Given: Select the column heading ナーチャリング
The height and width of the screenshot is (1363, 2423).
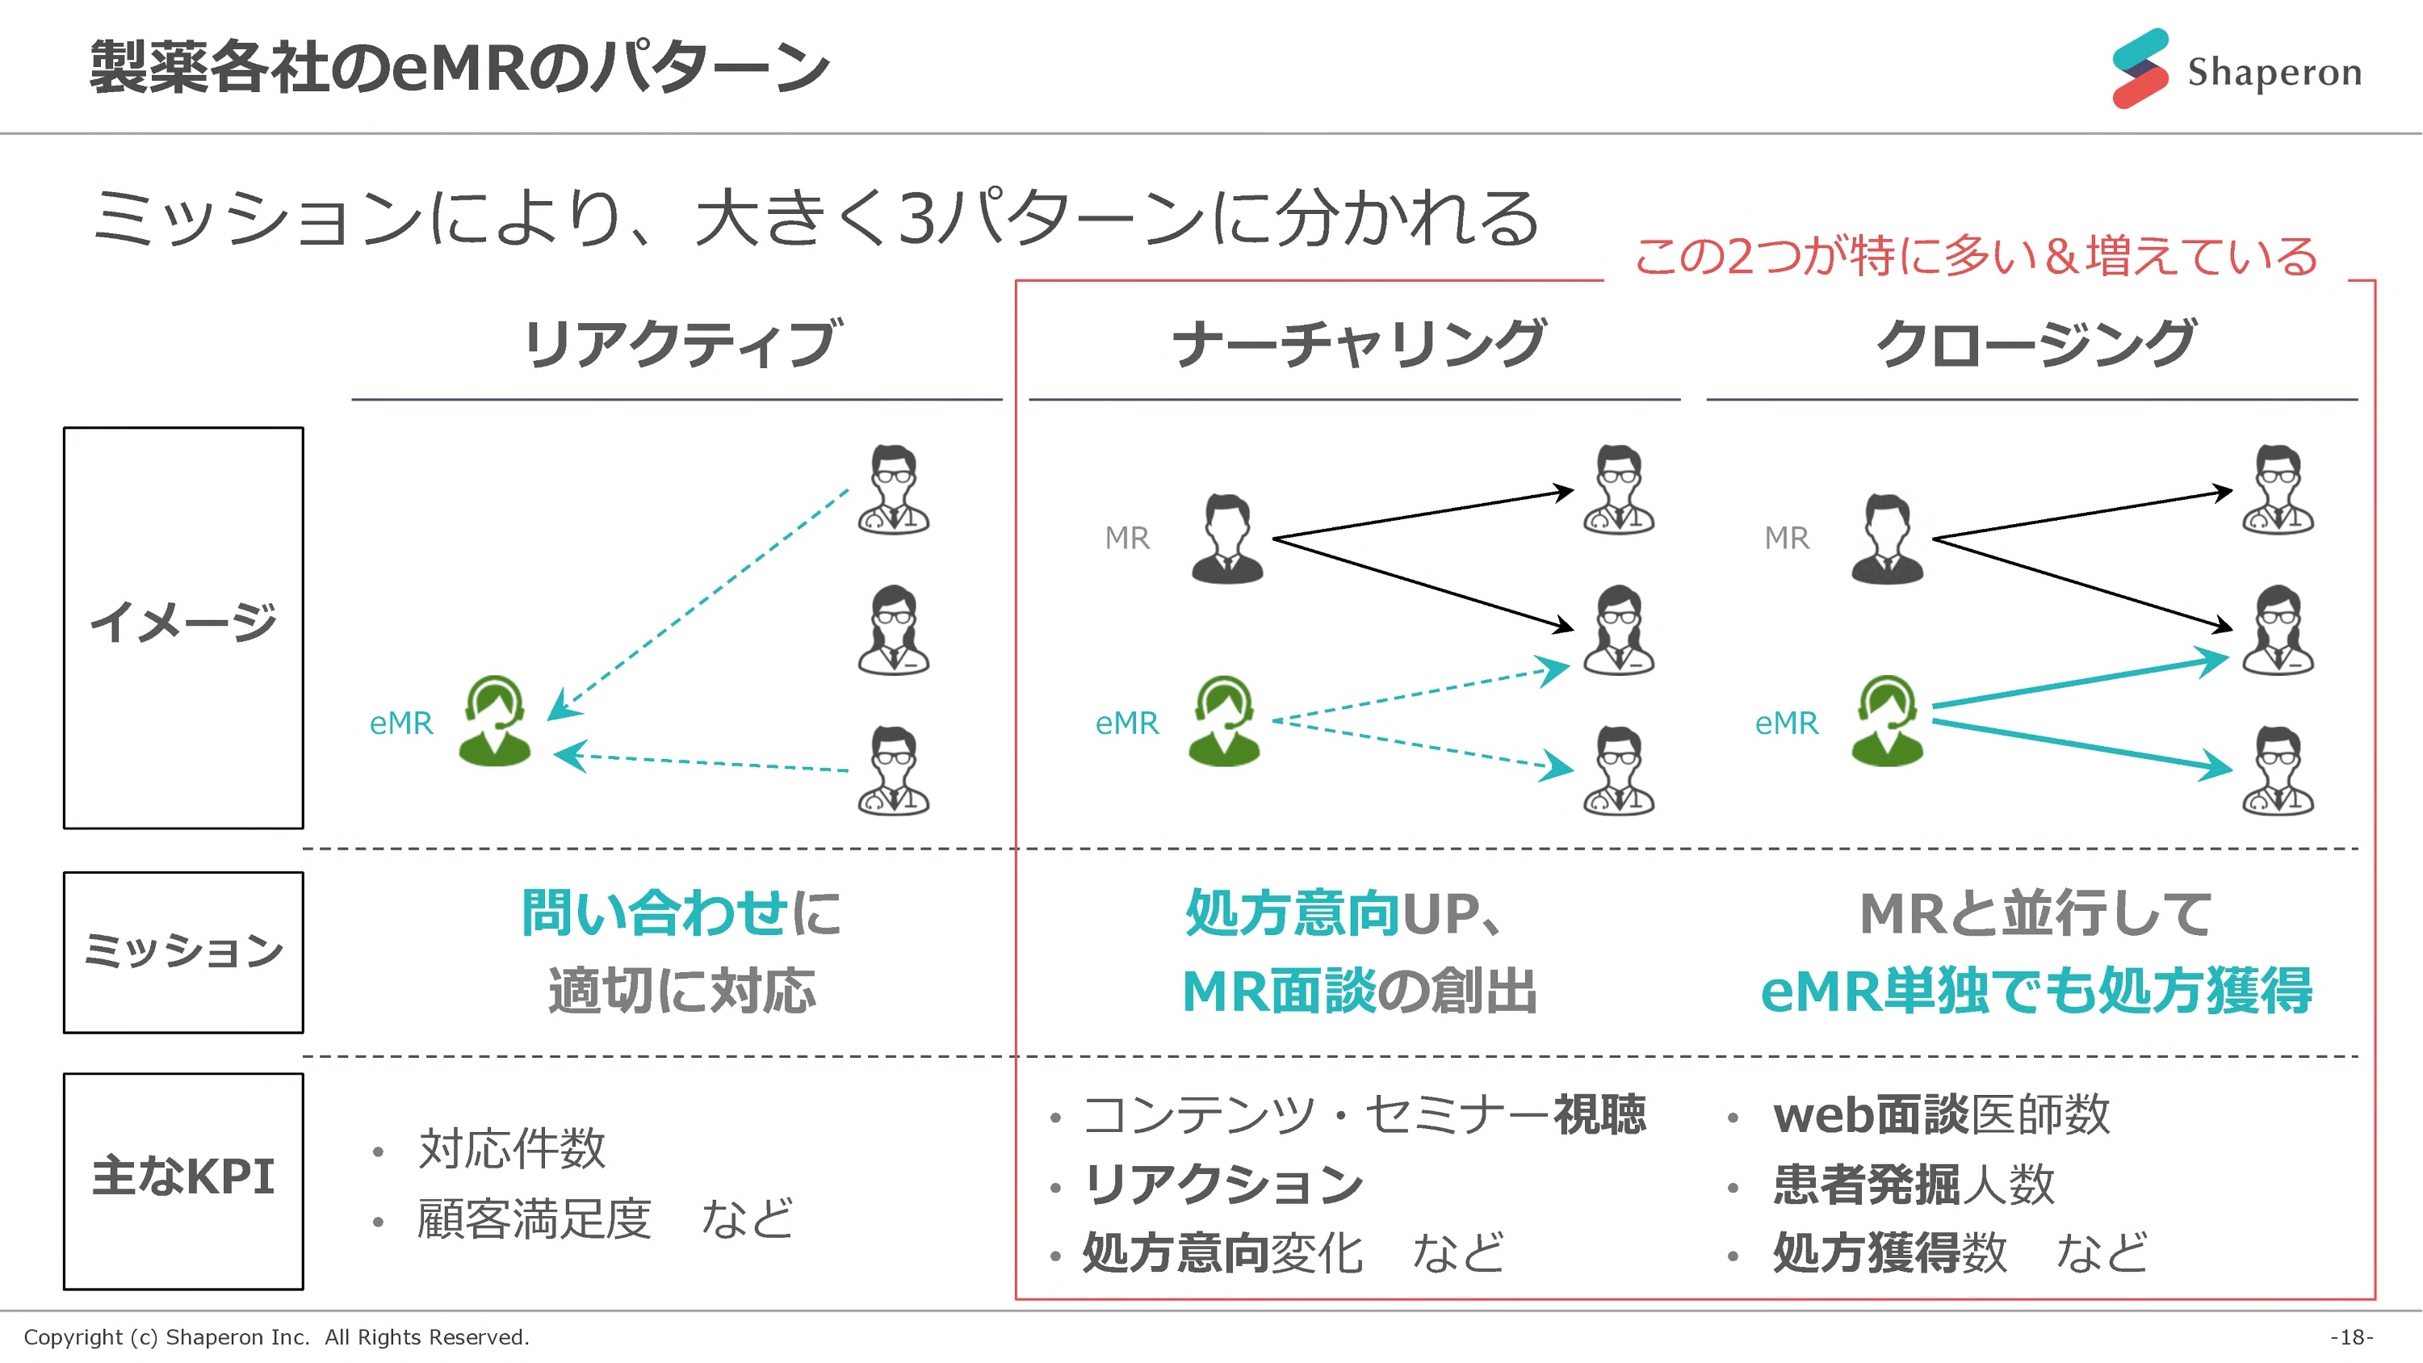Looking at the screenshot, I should [1358, 343].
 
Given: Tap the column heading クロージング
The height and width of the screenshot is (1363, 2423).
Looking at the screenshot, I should [2035, 343].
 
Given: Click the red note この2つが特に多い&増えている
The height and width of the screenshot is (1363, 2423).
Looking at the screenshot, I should [1975, 256].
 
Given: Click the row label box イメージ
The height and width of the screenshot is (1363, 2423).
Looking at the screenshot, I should [183, 627].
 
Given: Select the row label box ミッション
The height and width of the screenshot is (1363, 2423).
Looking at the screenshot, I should [183, 952].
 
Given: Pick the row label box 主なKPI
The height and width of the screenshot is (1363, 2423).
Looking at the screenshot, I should [183, 1181].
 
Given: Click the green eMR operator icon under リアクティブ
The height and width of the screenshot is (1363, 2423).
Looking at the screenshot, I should [495, 722].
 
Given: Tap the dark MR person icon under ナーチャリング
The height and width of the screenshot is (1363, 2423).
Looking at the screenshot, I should [1227, 539].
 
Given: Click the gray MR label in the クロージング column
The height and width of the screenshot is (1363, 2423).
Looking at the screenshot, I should [1786, 538].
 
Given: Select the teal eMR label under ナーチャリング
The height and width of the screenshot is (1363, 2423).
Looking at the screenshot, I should [1127, 723].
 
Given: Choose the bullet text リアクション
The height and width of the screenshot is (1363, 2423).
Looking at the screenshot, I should [1222, 1185].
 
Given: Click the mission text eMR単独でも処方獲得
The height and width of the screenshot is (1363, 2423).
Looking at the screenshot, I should [2035, 991].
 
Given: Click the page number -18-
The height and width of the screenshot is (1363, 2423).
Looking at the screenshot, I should [2351, 1336].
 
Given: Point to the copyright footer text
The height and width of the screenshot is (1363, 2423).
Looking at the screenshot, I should [277, 1336].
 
